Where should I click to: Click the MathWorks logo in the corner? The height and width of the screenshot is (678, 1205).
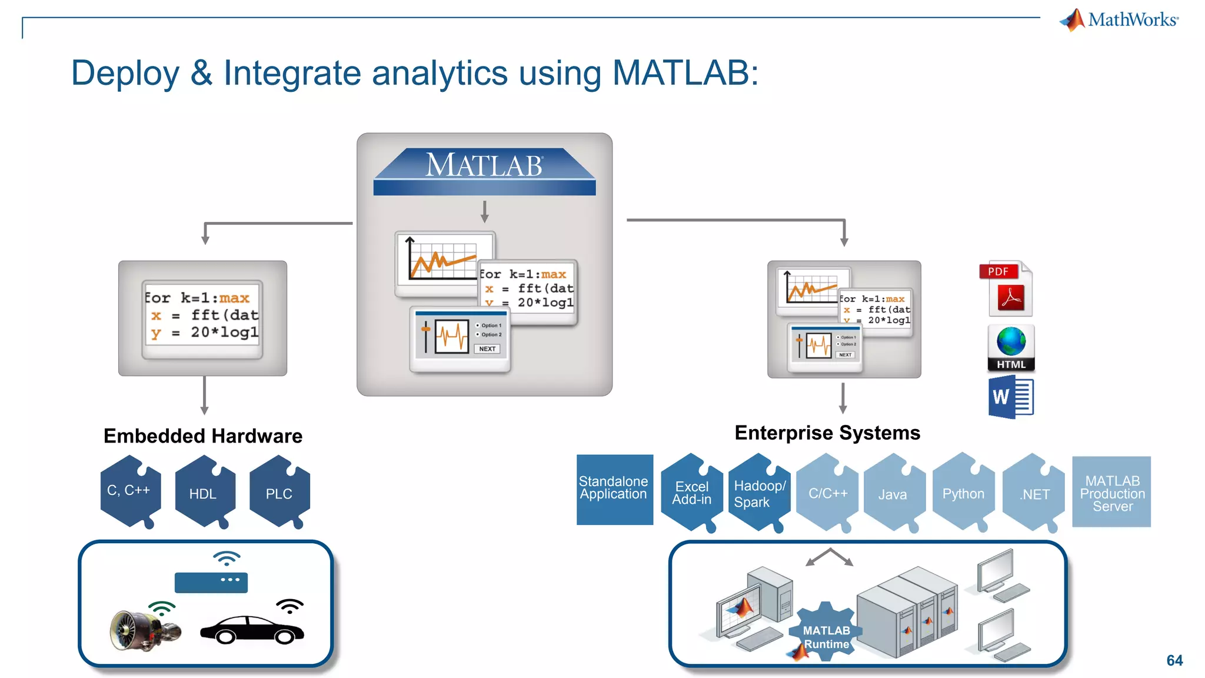click(x=1120, y=20)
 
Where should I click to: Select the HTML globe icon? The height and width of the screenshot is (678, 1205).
click(x=1011, y=347)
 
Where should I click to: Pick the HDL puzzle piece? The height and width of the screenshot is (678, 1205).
click(x=204, y=493)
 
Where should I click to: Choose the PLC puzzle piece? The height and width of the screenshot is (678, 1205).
click(x=279, y=493)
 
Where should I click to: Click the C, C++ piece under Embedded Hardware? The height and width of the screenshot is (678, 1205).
click(x=129, y=491)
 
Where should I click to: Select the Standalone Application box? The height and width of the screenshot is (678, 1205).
click(x=614, y=489)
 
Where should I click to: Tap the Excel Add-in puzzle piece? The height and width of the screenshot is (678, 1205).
click(x=692, y=493)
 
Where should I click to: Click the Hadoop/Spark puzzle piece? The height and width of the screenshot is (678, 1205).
click(x=759, y=493)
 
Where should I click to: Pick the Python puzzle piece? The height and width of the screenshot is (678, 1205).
click(x=963, y=493)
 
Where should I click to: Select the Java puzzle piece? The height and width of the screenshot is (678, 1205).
click(x=893, y=494)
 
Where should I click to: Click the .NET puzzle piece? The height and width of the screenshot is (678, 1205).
click(x=1034, y=494)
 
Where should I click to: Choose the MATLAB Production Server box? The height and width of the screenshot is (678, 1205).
click(x=1111, y=492)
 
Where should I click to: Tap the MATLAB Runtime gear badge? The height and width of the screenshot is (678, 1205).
click(x=826, y=633)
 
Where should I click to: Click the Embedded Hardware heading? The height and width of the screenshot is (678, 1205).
click(x=203, y=436)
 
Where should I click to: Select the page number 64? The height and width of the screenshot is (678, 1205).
click(x=1174, y=660)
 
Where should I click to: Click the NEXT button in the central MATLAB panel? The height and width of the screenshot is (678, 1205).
click(x=487, y=349)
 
